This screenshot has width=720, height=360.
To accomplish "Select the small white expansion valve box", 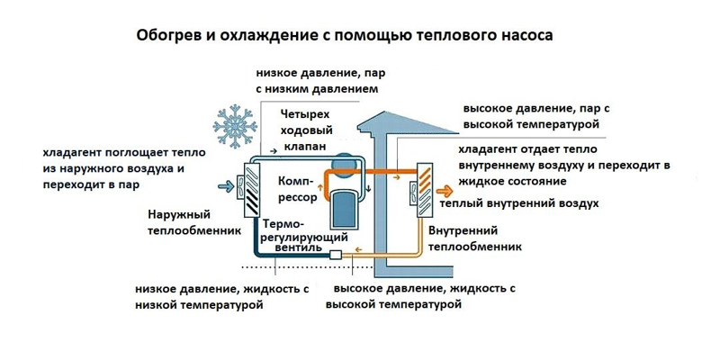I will click(336, 256).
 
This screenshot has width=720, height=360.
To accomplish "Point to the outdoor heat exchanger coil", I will click(249, 190).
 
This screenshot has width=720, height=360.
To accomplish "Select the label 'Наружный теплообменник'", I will click(191, 222).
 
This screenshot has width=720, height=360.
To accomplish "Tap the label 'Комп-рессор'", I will click(298, 184).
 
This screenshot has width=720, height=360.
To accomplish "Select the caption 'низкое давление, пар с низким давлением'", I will click(316, 80).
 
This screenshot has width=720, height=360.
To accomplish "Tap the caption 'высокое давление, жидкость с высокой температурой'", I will click(424, 297).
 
